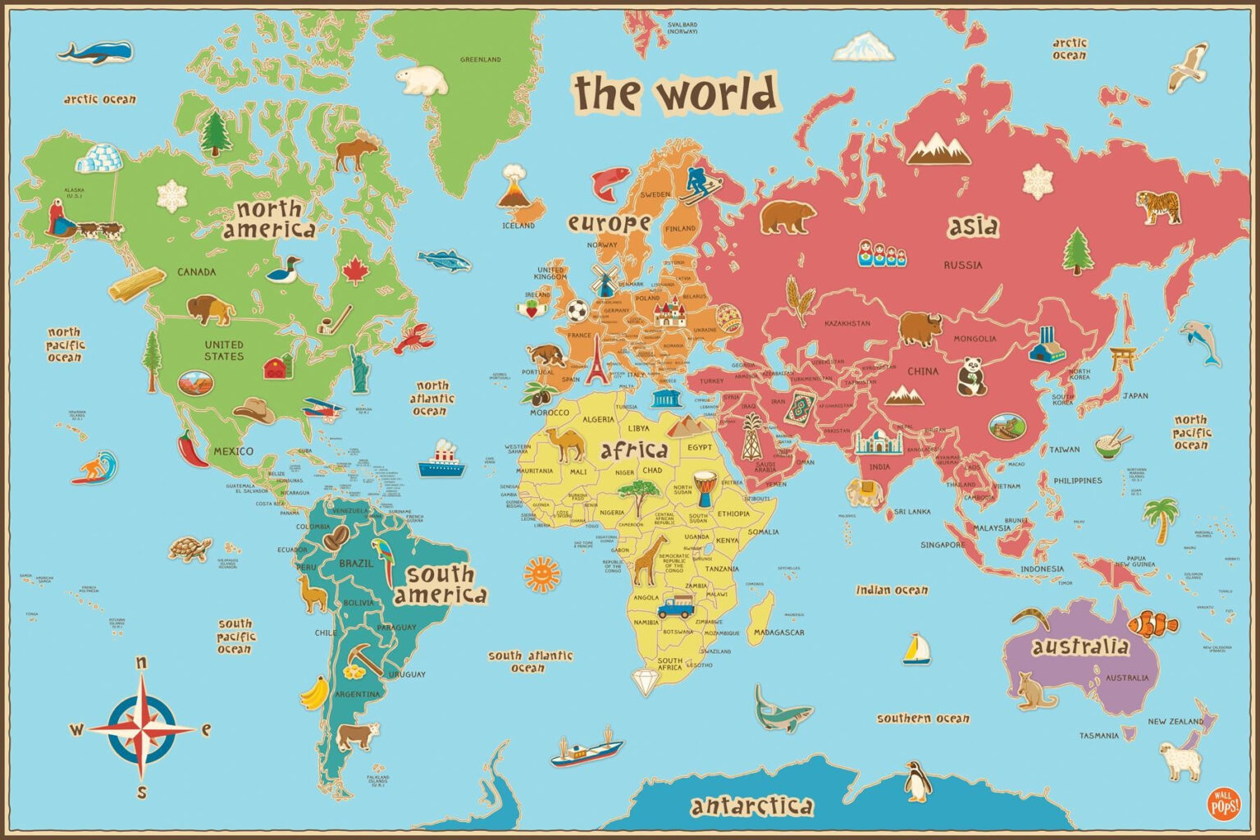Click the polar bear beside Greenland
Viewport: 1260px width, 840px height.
pos(423,80)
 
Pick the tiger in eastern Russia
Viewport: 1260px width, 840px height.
pos(1158,206)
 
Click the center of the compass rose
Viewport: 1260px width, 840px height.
pos(142,728)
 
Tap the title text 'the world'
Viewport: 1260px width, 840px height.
pos(674,93)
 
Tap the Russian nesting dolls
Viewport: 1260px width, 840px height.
pos(882,253)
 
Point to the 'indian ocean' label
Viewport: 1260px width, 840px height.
pos(892,590)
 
